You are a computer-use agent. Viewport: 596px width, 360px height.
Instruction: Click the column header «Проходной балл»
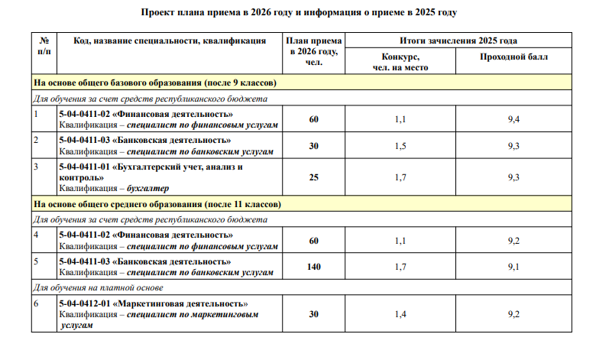[513, 57]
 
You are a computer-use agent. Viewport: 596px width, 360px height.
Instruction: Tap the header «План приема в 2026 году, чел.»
[314, 50]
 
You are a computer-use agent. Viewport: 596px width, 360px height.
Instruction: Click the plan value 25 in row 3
[314, 177]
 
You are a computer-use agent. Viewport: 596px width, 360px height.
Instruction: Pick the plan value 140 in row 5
[314, 267]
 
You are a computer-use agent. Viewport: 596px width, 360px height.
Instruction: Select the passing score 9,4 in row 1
[513, 120]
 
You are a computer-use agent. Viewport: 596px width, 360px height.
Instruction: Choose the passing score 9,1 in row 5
[513, 267]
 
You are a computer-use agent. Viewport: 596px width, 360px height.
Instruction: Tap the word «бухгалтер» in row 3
[148, 188]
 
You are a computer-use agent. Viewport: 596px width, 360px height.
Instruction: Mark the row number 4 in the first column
[36, 234]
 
